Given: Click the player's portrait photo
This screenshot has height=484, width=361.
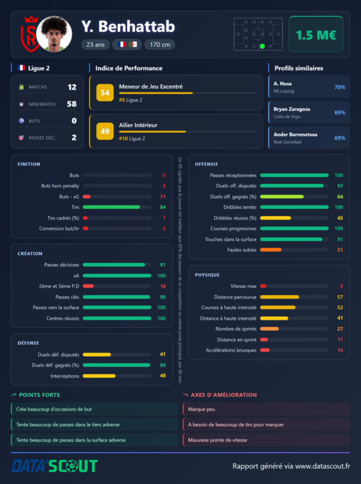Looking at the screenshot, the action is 54,34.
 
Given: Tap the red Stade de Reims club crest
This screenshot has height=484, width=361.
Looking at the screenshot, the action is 29,34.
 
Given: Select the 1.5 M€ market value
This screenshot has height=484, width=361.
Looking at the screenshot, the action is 316,35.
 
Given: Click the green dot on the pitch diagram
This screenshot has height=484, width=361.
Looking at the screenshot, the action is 263,46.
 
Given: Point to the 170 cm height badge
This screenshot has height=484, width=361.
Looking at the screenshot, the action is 160,44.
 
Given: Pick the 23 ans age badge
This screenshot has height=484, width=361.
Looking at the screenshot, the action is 96,44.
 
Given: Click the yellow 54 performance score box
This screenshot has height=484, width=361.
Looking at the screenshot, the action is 105,93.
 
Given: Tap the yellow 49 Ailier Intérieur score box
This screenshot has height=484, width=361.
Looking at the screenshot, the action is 105,131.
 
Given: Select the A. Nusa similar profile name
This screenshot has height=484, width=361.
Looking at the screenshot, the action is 282,84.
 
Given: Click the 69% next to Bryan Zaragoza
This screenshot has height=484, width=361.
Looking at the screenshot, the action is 340,112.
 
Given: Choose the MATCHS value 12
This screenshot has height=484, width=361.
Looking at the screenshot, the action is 72,87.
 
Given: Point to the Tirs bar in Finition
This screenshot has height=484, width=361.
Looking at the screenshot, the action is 111,207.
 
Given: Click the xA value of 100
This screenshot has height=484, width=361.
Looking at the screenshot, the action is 162,276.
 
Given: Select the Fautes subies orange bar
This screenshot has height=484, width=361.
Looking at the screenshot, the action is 271,250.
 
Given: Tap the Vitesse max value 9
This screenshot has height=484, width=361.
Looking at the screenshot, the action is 341,286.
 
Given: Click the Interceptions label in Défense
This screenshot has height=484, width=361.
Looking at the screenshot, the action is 65,376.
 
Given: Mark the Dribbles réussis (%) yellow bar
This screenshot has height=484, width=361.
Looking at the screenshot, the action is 276,218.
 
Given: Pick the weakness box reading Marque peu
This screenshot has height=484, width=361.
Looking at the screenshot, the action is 266,409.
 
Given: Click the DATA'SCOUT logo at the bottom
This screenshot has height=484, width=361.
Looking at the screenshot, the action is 54,466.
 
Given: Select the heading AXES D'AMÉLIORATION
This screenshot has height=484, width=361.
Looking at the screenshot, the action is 224,395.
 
